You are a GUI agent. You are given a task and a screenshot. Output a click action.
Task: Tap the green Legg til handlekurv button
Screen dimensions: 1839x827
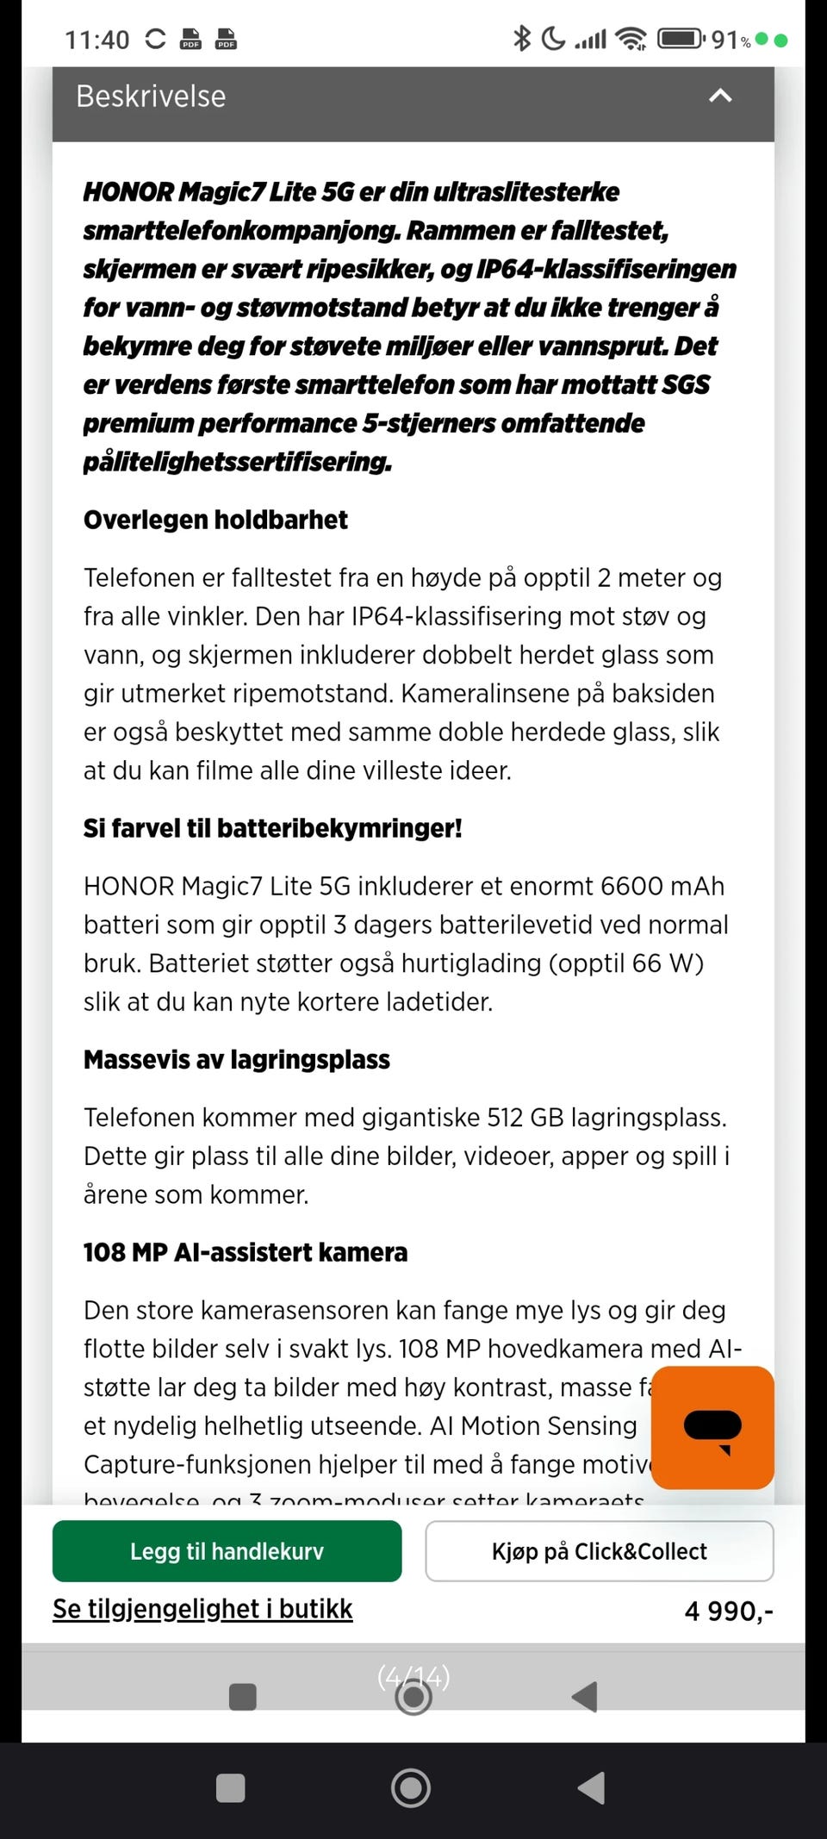coord(227,1551)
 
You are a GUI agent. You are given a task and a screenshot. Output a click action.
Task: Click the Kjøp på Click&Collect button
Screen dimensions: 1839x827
coord(599,1551)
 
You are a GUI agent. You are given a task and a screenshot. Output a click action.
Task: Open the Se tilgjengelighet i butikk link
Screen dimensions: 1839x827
coord(202,1609)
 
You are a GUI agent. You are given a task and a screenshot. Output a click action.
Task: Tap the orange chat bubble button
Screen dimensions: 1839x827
coord(712,1427)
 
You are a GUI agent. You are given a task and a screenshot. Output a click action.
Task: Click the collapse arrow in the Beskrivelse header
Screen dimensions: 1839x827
coord(720,96)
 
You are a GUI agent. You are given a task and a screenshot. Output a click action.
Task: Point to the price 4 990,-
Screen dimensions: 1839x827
coord(728,1611)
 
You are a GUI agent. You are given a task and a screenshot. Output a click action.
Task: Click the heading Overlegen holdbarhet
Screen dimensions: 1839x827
coord(215,520)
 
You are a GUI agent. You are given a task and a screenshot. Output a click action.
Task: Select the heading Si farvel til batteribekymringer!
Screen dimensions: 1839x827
coord(272,828)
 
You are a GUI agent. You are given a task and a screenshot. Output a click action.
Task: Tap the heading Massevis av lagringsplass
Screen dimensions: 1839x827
coord(236,1059)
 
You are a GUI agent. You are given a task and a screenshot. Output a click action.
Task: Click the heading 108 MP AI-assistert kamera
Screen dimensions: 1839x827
coord(245,1252)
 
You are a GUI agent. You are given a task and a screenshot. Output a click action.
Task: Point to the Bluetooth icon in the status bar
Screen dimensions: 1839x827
coord(521,38)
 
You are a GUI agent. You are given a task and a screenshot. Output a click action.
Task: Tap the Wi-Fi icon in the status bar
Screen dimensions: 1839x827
coord(631,39)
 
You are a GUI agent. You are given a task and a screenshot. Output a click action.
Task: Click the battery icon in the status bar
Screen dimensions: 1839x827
coord(681,39)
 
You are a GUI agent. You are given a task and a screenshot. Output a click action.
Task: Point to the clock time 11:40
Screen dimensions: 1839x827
coord(96,40)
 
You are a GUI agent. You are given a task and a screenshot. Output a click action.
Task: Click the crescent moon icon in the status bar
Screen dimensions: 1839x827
coord(553,38)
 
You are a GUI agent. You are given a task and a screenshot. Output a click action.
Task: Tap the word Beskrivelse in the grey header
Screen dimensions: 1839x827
coord(151,97)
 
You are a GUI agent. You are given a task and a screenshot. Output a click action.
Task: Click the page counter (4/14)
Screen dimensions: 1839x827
coord(413,1677)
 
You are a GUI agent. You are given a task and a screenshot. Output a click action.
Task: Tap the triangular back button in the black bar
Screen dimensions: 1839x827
coord(591,1788)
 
